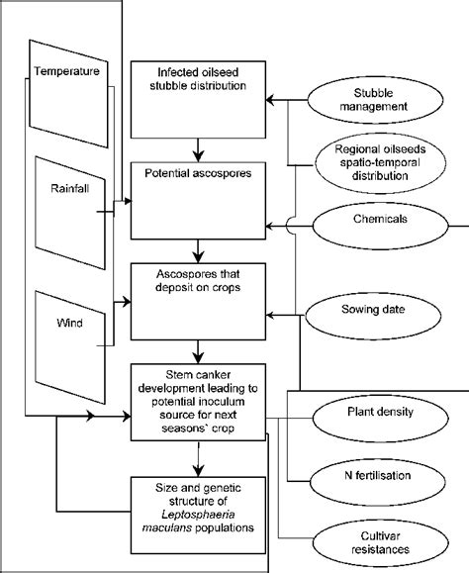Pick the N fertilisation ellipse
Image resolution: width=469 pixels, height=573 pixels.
tap(367, 475)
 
